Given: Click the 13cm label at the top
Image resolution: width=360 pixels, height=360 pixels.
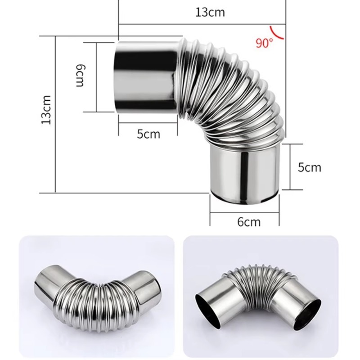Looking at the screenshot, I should coord(210,12).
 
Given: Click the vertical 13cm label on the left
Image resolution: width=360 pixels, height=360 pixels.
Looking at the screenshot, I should coord(46,109).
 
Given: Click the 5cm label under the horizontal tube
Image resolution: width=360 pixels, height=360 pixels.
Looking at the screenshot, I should coord(148,134).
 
